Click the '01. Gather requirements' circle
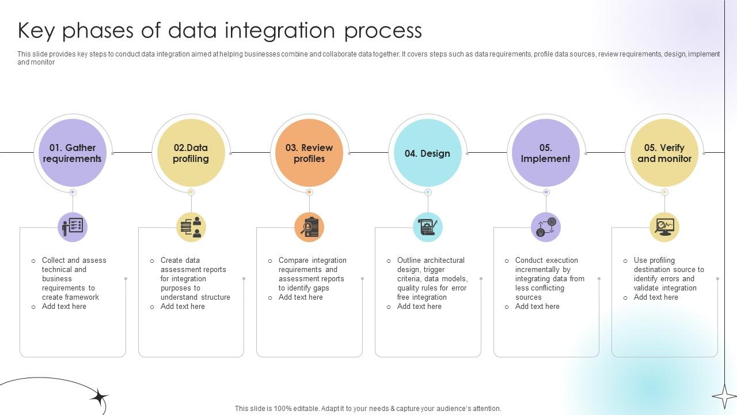[x=72, y=153]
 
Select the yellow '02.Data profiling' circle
[x=191, y=153]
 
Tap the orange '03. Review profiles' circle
[x=309, y=153]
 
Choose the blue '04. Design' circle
[x=427, y=153]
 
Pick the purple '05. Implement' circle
[x=545, y=153]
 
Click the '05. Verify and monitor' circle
[x=664, y=153]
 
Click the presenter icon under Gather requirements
[x=73, y=227]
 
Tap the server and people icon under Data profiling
[x=191, y=227]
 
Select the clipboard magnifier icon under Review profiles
[x=309, y=227]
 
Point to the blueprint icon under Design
[x=428, y=227]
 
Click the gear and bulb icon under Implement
[x=546, y=227]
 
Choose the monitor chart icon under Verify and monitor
[x=664, y=227]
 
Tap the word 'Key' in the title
[x=37, y=31]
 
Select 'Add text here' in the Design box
[x=419, y=307]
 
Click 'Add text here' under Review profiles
[x=301, y=297]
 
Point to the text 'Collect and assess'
[x=74, y=261]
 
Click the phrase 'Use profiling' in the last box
[x=654, y=261]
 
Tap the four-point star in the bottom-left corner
[x=98, y=397]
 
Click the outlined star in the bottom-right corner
[x=724, y=396]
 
